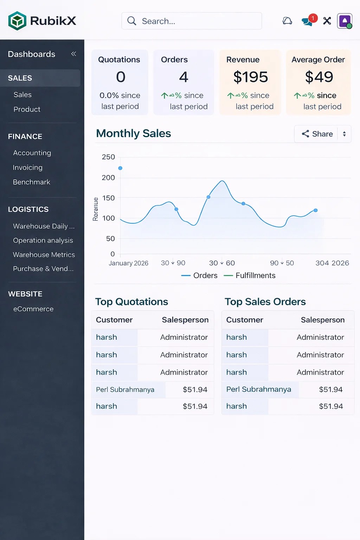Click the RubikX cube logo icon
coord(17,21)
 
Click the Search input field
coord(192,21)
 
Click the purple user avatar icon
coord(345,21)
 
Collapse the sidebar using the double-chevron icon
coord(73,54)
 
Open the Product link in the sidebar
coord(27,109)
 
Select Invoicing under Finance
coord(28,168)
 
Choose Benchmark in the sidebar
coord(32,182)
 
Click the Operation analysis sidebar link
coord(43,240)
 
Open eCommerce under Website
coord(33,309)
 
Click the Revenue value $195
coord(251,77)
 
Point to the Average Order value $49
coord(319,77)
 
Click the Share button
coord(317,134)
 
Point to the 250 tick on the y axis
coord(108,157)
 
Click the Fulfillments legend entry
coord(255,276)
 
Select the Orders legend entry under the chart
coord(205,276)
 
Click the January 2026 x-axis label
coord(128,263)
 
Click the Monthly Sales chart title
coord(134,134)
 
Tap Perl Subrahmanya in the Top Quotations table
coord(125,390)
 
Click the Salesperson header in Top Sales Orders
coord(322,320)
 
